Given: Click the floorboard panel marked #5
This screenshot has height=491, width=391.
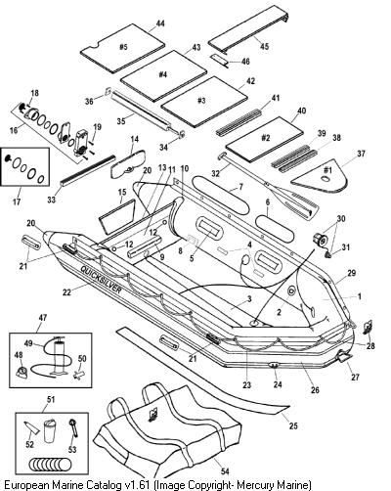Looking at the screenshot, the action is click(x=123, y=50).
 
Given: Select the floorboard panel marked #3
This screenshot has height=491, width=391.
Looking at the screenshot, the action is click(x=204, y=102).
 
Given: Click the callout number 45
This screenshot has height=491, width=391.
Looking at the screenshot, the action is click(x=265, y=47).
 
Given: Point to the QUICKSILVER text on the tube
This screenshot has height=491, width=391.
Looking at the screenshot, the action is click(x=101, y=280).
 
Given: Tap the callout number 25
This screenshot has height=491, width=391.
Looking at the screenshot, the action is click(x=293, y=425).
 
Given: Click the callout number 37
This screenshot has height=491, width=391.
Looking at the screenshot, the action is click(x=361, y=153).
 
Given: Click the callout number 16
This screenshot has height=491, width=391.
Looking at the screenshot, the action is click(x=14, y=130).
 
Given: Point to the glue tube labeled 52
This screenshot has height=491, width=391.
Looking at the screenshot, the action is click(x=32, y=427).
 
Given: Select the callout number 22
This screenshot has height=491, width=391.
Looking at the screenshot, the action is click(x=66, y=292).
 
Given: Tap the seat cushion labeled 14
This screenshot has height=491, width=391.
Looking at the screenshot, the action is click(x=127, y=163).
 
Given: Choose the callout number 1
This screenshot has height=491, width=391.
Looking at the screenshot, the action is click(x=360, y=296).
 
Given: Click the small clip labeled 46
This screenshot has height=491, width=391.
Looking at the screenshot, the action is click(x=221, y=60).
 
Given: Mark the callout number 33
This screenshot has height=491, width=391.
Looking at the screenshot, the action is click(x=52, y=199).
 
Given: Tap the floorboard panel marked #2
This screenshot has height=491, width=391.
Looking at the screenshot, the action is click(x=265, y=139).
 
